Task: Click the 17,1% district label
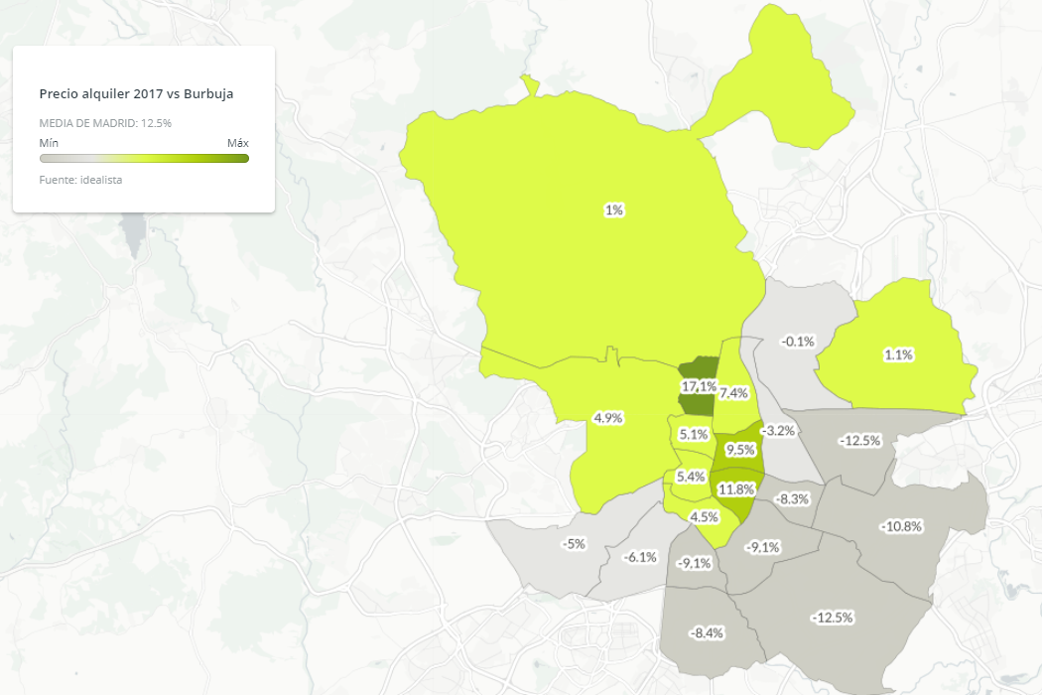click(x=700, y=385)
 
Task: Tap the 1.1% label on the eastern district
click(x=898, y=354)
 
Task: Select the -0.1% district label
click(x=798, y=342)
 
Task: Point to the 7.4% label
click(x=733, y=393)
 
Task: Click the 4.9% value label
click(x=607, y=418)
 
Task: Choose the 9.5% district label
click(x=739, y=450)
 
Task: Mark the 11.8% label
click(x=737, y=488)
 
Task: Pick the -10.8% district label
click(x=901, y=525)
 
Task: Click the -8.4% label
click(x=706, y=632)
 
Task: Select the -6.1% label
click(x=640, y=557)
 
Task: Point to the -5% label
click(x=574, y=544)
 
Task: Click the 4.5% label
click(x=704, y=517)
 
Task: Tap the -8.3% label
click(x=793, y=498)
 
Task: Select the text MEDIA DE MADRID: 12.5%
click(x=105, y=123)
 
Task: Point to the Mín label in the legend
click(x=49, y=143)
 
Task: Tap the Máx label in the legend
click(x=237, y=143)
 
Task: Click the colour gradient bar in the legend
click(x=144, y=158)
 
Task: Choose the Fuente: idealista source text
click(x=80, y=180)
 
